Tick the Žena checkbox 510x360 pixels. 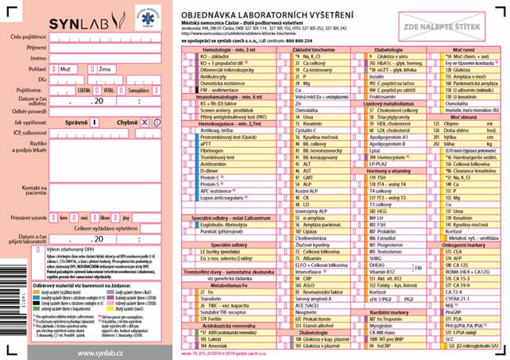click(92, 69)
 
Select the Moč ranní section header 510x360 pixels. click(462, 49)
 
